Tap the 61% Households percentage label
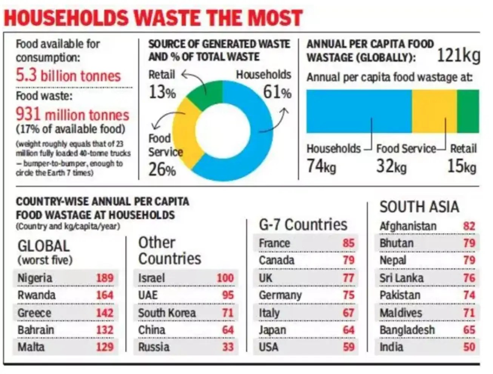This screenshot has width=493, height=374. [x=277, y=92]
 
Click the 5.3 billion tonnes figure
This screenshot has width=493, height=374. [x=68, y=76]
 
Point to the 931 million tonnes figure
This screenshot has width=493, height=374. [x=72, y=114]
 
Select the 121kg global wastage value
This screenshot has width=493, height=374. [x=458, y=56]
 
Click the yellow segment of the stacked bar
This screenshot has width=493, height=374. [x=434, y=111]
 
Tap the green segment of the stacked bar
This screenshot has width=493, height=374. [x=468, y=111]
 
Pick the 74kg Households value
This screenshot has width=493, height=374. [x=321, y=166]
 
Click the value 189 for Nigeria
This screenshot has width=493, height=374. [x=105, y=278]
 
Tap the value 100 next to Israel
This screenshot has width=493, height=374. [x=225, y=278]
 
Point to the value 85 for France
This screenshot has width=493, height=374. [x=348, y=243]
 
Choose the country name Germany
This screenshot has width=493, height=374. [x=280, y=295]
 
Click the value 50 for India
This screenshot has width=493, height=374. [x=469, y=347]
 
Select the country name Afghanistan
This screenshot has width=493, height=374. [x=408, y=226]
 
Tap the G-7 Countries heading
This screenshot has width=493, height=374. [x=303, y=225]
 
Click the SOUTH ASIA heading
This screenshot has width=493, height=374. [x=419, y=207]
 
